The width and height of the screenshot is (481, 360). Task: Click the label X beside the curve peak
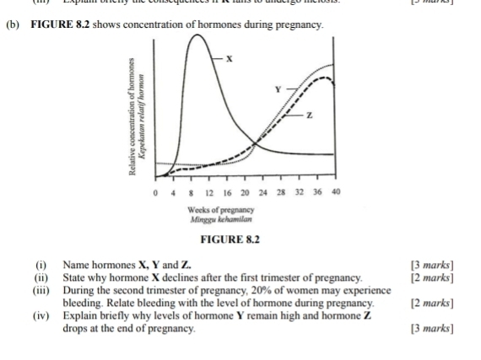229,58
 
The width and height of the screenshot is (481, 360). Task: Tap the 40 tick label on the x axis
336,192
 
